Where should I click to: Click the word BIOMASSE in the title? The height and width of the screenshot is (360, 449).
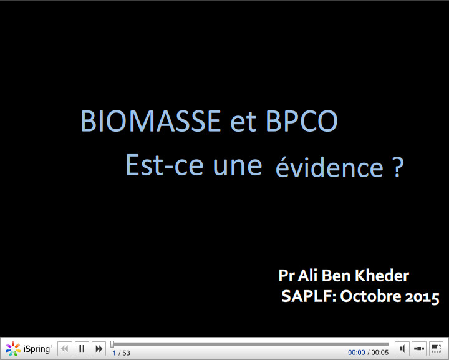click(x=151, y=121)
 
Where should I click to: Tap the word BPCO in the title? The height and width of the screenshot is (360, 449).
click(x=302, y=121)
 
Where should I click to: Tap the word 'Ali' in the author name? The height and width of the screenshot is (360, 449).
click(x=308, y=275)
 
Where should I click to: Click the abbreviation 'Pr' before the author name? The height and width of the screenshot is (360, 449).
click(x=286, y=275)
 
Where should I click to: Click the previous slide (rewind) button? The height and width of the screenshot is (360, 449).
click(x=65, y=349)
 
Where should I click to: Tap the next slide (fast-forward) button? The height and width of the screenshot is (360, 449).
click(x=99, y=349)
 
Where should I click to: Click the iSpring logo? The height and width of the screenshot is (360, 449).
click(x=29, y=349)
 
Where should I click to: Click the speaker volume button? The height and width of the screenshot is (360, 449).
click(x=403, y=349)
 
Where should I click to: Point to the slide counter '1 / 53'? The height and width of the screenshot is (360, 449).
click(x=121, y=353)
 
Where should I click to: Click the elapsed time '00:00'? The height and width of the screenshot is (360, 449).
click(x=357, y=353)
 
